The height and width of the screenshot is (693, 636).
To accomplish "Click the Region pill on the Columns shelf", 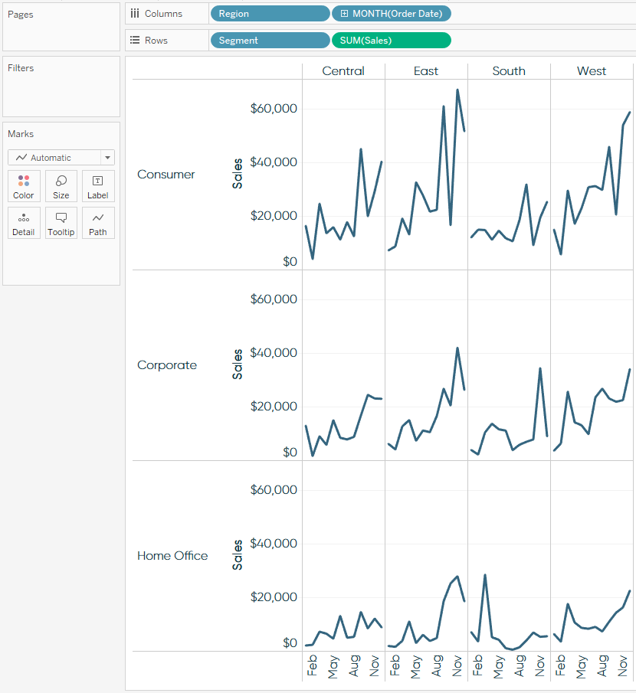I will tap(269, 14).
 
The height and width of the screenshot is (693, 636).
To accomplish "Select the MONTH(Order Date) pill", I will tap(392, 14).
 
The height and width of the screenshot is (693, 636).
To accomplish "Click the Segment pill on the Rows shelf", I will tap(269, 41).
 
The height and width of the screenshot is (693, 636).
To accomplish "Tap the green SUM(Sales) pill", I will tap(392, 41).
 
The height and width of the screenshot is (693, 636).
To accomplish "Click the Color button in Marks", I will tap(24, 186).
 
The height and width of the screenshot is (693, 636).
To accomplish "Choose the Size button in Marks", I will tap(61, 186).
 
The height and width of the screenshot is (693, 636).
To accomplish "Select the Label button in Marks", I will tap(98, 186).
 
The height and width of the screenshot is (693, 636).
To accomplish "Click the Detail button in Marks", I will tap(24, 223).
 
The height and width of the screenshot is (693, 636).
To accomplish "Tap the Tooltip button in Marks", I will tap(61, 223).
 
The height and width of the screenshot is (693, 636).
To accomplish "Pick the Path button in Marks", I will tap(98, 223).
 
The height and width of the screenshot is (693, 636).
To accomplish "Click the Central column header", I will tap(343, 71).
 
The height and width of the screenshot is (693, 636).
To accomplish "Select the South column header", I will tap(509, 71).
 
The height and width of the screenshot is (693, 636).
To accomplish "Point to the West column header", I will tap(592, 71).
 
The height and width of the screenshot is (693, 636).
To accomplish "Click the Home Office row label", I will tap(172, 556).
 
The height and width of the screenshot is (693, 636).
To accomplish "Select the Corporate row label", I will tap(167, 365).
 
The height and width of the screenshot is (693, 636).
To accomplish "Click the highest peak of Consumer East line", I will tap(457, 90).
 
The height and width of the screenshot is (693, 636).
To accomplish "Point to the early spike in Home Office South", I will tap(485, 575).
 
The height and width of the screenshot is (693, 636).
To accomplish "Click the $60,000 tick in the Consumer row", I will tap(274, 109).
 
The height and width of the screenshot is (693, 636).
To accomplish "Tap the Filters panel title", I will tap(21, 68).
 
